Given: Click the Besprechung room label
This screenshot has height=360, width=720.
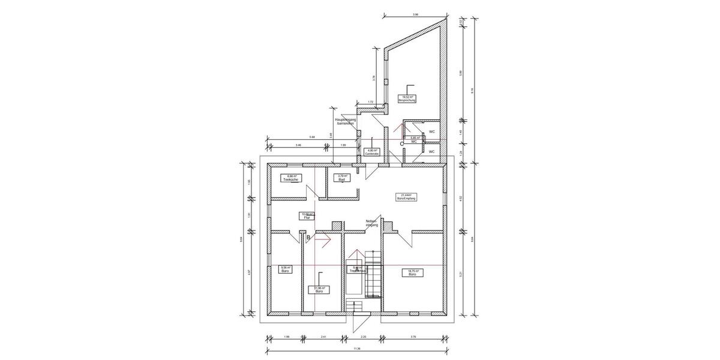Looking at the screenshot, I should (x=408, y=98).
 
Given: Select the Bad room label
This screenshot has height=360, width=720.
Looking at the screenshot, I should (x=341, y=178).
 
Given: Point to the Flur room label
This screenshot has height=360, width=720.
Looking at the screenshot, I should (x=307, y=216).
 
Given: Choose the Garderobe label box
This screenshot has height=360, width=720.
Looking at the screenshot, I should (x=371, y=152).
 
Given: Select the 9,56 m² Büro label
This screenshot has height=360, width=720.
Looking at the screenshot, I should (x=286, y=269).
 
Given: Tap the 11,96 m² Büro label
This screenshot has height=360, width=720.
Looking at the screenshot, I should (x=320, y=289).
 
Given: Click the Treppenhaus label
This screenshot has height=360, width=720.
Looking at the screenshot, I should (x=357, y=270).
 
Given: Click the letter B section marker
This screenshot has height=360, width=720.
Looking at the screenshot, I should (x=308, y=239).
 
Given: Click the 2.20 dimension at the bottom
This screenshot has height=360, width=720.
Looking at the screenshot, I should (x=364, y=337).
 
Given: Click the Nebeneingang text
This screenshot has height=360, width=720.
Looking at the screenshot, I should (x=372, y=223).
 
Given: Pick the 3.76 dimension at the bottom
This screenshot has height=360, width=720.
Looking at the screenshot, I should (x=413, y=337).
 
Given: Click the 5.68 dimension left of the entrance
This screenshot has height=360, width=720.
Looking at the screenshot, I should (x=313, y=137).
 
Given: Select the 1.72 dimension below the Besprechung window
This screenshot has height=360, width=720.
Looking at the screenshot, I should (x=371, y=102).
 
